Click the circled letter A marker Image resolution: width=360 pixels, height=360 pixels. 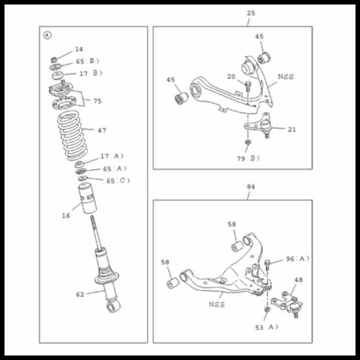(x=47, y=35)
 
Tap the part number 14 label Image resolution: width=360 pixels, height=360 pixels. (x=79, y=49)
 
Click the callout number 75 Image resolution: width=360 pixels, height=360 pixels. (x=97, y=101)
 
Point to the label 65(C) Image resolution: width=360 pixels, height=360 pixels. (x=118, y=181)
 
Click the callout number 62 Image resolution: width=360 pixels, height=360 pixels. (x=80, y=294)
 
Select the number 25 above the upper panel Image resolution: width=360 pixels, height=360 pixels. (x=251, y=13)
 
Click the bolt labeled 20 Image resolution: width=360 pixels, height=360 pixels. (x=248, y=86)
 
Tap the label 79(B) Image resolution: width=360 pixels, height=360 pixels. (x=249, y=158)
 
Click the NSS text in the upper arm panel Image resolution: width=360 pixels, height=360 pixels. (x=285, y=77)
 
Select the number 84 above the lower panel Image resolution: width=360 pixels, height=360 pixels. (x=251, y=187)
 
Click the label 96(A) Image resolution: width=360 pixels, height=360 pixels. (x=297, y=259)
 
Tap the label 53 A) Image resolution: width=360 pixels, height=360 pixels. (x=266, y=327)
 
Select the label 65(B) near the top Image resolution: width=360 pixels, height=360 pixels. (x=87, y=61)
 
